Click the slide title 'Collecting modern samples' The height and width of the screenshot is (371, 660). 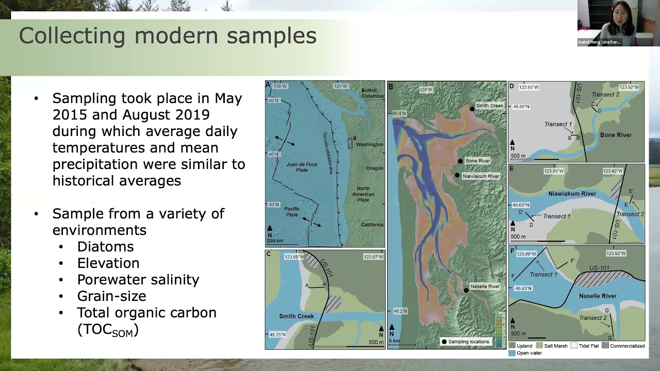point(168,36)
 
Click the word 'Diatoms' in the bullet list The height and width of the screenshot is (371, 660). point(105,247)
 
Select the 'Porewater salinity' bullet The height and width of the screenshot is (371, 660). point(138,280)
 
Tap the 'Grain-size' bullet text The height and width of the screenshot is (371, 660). point(111,296)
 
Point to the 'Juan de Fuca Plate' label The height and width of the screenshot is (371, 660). point(302,167)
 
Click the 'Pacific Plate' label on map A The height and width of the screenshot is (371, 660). point(292,211)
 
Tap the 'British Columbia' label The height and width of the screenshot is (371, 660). point(372,93)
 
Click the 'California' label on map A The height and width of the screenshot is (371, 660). point(372,225)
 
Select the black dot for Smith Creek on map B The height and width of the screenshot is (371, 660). point(472,109)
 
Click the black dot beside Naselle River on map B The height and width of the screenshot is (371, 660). point(466,291)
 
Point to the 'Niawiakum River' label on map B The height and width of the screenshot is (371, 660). point(481,176)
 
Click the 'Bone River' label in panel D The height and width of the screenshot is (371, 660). point(616,135)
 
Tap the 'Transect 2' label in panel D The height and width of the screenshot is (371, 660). point(605,95)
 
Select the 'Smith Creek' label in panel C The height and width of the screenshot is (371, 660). point(296,316)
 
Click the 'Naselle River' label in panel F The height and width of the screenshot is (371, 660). point(598,296)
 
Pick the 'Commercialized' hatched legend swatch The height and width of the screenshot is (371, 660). point(605,346)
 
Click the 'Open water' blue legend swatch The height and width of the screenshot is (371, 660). point(512,353)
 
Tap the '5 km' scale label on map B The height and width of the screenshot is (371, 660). point(394,341)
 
